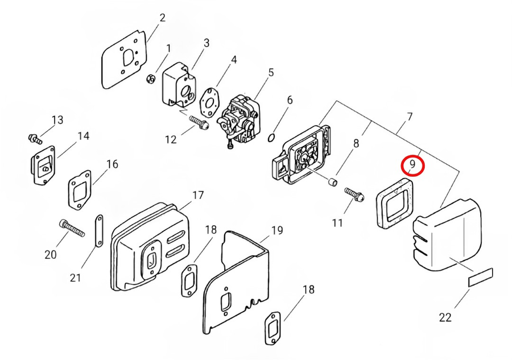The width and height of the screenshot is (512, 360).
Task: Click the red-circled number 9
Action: (x=412, y=165)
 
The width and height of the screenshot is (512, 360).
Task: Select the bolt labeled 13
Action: (x=34, y=138)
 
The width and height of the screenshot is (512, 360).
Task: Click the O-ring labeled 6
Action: (x=272, y=137)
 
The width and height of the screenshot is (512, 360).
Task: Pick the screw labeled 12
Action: (x=198, y=122)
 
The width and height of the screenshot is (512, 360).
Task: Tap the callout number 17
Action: (x=197, y=196)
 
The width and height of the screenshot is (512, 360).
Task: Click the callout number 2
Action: (x=162, y=18)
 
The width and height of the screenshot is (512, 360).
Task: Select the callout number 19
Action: (x=277, y=230)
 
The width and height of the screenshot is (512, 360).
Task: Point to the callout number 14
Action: (x=84, y=136)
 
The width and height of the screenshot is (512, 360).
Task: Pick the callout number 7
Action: (x=410, y=117)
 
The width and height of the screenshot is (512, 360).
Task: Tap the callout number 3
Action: (x=207, y=43)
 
